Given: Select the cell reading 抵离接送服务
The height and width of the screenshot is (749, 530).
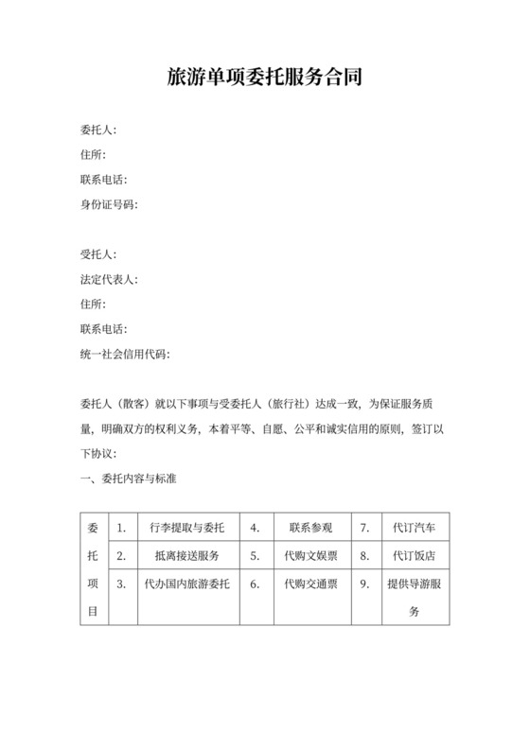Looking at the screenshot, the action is tap(186, 555).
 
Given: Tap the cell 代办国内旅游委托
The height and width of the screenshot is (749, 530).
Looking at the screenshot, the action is tap(186, 584).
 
